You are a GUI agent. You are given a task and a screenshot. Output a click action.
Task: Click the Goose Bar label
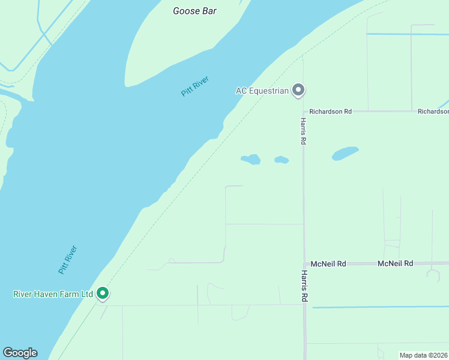tap(194, 11)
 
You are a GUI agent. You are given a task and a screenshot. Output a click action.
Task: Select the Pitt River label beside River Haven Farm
tap(68, 260)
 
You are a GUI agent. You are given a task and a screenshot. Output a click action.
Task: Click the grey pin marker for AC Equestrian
tap(298, 91)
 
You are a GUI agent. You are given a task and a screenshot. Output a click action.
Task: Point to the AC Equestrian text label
tap(262, 91)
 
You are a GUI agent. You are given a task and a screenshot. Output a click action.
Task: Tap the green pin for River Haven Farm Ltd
tap(103, 293)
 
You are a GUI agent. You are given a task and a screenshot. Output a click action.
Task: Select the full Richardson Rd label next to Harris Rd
tap(331, 112)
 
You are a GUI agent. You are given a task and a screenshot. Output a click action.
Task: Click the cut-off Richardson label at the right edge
tap(433, 112)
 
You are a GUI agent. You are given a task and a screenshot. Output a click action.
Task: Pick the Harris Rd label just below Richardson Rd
tap(304, 130)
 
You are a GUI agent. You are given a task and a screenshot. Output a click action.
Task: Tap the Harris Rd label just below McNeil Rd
tap(304, 286)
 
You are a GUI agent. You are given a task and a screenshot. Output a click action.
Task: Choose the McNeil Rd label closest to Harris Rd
tap(328, 263)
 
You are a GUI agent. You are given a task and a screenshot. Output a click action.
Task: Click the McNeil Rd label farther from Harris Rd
tap(396, 263)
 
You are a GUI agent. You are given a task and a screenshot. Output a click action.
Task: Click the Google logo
tap(20, 353)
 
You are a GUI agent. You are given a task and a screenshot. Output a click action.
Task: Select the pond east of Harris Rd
tap(345, 154)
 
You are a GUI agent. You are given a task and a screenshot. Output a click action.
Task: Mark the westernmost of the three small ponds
tap(251, 160)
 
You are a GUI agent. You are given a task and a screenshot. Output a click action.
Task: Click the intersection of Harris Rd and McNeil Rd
tap(304, 263)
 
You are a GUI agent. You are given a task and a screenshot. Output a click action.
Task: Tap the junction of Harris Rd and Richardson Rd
tap(304, 112)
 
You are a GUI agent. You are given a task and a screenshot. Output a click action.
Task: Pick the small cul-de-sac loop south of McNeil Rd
tap(433, 274)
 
